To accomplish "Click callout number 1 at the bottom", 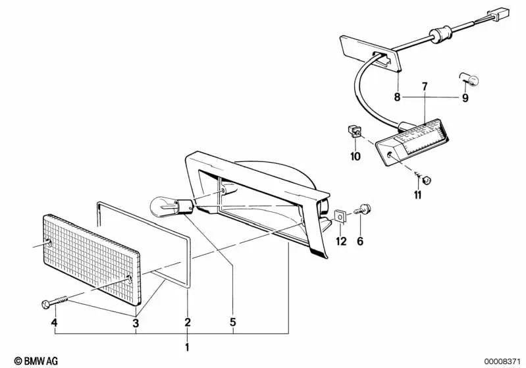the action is coord(187,347).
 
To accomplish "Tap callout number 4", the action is coord(55,323).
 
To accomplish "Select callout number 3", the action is coord(136,323).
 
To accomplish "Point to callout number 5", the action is coord(233,323).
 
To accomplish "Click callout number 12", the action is coord(341,241).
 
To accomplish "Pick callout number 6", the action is coord(360,241).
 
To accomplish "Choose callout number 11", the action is coord(417,195).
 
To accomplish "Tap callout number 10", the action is coord(355,156).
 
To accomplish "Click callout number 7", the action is coord(425,86).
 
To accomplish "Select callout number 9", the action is coord(465,98).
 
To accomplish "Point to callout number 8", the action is coord(398,97).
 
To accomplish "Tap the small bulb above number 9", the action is coord(469,79).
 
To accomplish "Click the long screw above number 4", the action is coord(55,302).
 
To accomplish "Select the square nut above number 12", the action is coord(340,217).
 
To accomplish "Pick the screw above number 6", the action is coord(363,209).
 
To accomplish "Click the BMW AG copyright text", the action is coord(36,361).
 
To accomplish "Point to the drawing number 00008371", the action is coord(503,361).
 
